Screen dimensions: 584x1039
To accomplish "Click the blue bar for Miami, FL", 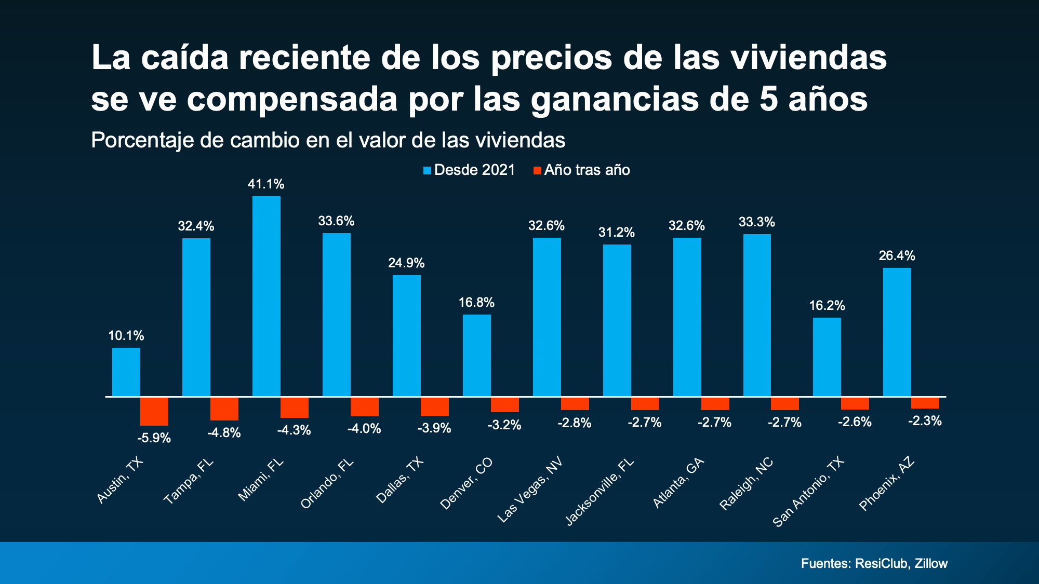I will coord(267,296).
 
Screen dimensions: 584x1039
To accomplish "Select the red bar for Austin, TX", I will coord(154,411).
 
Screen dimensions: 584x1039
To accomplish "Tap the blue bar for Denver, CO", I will coord(477,355).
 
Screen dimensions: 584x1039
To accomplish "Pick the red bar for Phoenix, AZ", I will coord(925,403).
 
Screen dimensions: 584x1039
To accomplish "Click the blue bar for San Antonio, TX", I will coord(827,357).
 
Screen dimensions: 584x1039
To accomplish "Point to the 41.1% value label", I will coord(266,184).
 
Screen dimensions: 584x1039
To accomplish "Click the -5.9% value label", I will coord(154,438).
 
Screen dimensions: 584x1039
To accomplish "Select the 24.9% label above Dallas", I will coord(406,263).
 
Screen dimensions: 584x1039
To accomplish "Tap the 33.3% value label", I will coord(757,222).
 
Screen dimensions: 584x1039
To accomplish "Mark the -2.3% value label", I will coord(925,421).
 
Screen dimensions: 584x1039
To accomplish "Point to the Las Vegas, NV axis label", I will coord(530,491).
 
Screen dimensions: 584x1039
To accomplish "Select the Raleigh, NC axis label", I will coord(747,484).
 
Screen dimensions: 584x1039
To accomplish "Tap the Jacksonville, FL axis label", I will coord(600,492).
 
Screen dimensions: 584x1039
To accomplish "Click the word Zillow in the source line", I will coord(931,564).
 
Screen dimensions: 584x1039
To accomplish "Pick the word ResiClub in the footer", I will coord(882,564).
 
